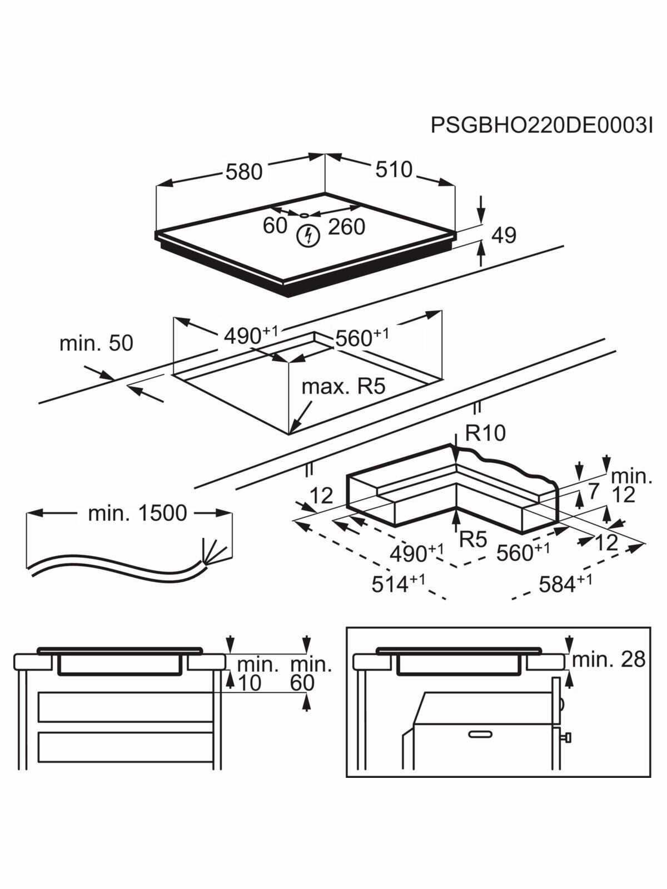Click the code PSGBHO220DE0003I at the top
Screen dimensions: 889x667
pyautogui.click(x=541, y=126)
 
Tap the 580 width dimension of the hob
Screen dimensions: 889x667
pyautogui.click(x=243, y=172)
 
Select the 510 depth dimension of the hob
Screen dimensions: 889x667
pyautogui.click(x=394, y=169)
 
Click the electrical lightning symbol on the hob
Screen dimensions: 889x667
pyautogui.click(x=308, y=236)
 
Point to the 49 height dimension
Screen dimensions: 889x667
pyautogui.click(x=504, y=235)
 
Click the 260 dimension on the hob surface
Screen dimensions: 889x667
pyautogui.click(x=346, y=227)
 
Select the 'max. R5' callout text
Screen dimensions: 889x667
pyautogui.click(x=343, y=386)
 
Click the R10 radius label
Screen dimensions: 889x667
pyautogui.click(x=485, y=433)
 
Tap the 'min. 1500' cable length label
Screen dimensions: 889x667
pyautogui.click(x=137, y=513)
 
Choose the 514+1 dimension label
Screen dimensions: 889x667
pyautogui.click(x=398, y=583)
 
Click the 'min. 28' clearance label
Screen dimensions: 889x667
pyautogui.click(x=609, y=659)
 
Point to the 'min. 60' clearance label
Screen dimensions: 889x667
pyautogui.click(x=310, y=673)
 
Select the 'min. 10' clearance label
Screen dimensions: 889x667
pyautogui.click(x=257, y=673)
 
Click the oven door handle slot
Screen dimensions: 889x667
pyautogui.click(x=480, y=734)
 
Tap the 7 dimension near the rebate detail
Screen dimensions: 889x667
pyautogui.click(x=594, y=491)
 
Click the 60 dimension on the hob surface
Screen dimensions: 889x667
pyautogui.click(x=275, y=226)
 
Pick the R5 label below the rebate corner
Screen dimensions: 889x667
pyautogui.click(x=473, y=539)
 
